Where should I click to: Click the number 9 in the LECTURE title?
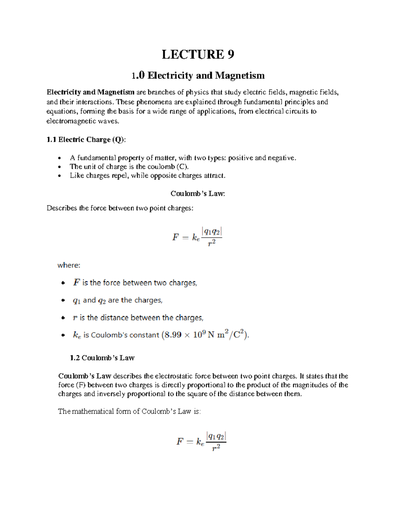coord(230,54)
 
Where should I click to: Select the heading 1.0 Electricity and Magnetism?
coord(198,75)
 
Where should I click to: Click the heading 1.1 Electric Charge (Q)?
coord(86,140)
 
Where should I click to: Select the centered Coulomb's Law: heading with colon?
coord(198,194)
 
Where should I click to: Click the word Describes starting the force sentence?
coord(62,208)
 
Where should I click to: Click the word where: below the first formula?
coord(69,265)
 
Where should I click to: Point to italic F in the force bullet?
coord(76,283)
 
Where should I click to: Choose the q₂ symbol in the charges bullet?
coord(102,300)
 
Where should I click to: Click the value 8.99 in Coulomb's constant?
coord(173,335)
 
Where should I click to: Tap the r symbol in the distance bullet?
coord(75,318)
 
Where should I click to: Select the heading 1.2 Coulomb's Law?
coord(102,358)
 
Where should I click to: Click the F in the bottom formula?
coord(180,441)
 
